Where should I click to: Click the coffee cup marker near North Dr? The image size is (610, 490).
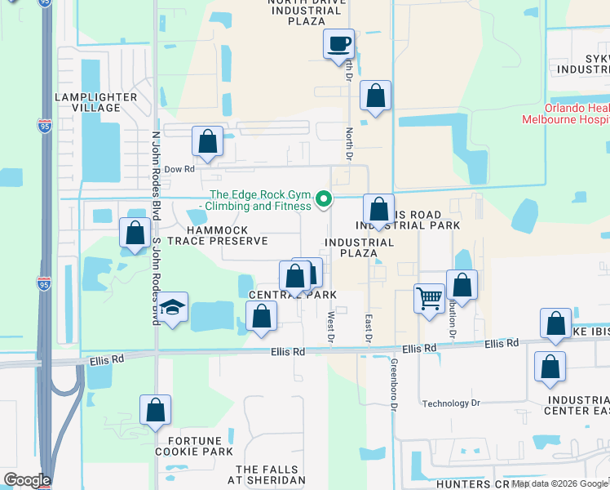[x=338, y=44]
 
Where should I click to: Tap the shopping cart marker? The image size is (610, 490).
[x=429, y=299]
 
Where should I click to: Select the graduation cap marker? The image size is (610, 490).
[x=172, y=308]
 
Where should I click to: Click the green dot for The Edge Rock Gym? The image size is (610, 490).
[x=324, y=199]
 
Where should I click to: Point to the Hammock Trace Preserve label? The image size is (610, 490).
[x=218, y=236]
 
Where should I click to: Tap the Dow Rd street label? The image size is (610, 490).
[x=179, y=170]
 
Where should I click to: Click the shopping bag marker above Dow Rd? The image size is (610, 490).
[x=208, y=142]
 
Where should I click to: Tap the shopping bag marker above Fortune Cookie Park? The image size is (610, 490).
[x=155, y=411]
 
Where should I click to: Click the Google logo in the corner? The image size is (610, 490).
[x=27, y=480]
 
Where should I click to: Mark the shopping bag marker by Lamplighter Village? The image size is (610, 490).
[x=134, y=234]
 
